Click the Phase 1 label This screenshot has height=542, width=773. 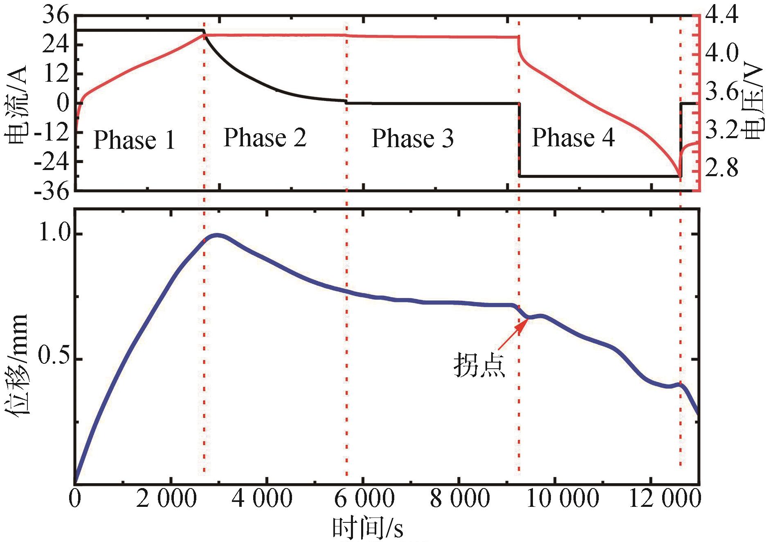click(x=134, y=140)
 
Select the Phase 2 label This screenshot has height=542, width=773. click(x=265, y=137)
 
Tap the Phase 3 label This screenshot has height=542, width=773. click(x=413, y=138)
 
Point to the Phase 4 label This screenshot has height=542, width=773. click(x=573, y=137)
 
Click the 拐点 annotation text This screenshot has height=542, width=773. click(x=479, y=365)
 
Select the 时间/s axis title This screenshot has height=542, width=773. click(x=367, y=528)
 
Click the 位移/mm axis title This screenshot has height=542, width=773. click(x=17, y=364)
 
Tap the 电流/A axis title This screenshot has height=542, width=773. click(x=17, y=105)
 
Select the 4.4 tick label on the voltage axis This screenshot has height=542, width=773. click(x=722, y=15)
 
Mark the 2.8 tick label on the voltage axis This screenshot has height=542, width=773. click(x=722, y=167)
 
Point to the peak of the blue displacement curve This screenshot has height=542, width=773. click(x=218, y=235)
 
